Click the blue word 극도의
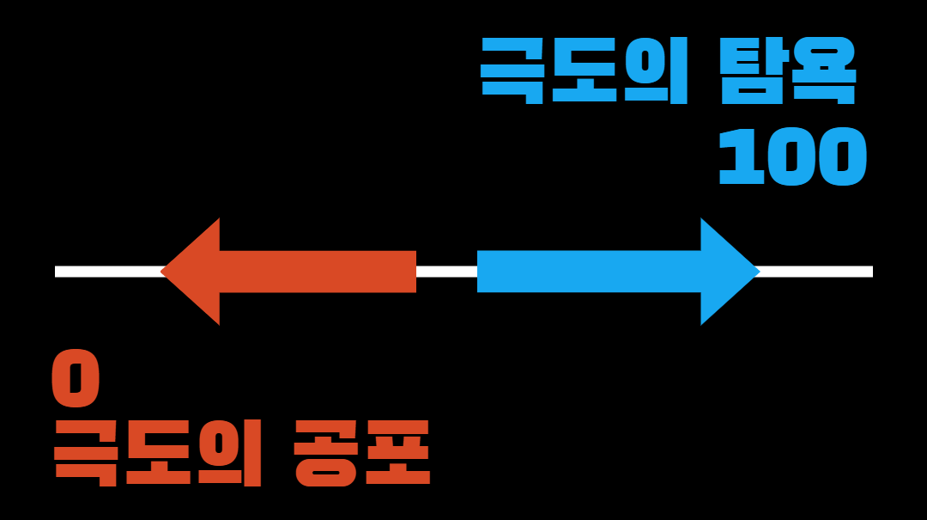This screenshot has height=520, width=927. point(584,70)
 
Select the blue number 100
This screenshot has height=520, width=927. point(792,157)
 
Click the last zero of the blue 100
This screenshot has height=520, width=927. point(839,157)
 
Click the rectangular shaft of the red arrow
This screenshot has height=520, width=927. point(318,272)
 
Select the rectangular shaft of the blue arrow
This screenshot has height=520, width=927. point(589,272)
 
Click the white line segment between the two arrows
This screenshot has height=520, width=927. point(446,272)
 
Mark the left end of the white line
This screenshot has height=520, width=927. point(58,272)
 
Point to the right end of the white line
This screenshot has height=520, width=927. point(869,272)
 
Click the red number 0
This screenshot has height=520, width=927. point(76,379)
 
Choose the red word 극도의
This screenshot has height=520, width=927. point(158,452)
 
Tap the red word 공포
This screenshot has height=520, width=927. point(361,452)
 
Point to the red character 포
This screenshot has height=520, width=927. point(397,452)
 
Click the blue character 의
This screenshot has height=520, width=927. point(655,70)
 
